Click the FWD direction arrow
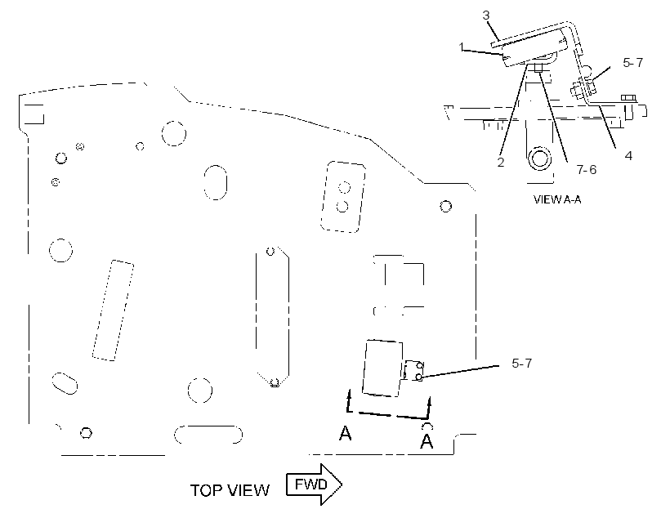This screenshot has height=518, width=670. [x=314, y=485]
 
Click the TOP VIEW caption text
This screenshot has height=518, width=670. [x=230, y=490]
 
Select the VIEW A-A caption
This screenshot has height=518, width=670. [x=557, y=199]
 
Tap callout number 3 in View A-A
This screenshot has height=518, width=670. [x=486, y=16]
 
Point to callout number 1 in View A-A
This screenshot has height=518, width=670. [x=462, y=46]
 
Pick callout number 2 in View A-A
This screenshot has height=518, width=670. [x=501, y=162]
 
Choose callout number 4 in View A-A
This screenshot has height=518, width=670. [x=628, y=155]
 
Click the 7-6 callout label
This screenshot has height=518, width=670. [x=587, y=170]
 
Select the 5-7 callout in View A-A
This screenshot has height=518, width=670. [x=633, y=63]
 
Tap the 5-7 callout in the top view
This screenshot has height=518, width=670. [x=522, y=364]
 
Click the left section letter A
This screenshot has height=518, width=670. [x=346, y=433]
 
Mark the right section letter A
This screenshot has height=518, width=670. [x=427, y=441]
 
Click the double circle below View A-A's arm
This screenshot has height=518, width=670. [x=539, y=159]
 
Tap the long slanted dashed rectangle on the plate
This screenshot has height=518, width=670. [x=114, y=310]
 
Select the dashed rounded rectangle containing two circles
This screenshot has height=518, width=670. [x=343, y=197]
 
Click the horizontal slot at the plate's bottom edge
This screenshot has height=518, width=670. [x=208, y=435]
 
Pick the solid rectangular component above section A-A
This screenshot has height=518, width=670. [x=382, y=368]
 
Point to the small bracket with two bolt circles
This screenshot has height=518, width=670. [x=413, y=371]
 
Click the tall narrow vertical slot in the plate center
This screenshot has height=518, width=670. [x=273, y=317]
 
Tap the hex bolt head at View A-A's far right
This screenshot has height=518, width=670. [x=627, y=98]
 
